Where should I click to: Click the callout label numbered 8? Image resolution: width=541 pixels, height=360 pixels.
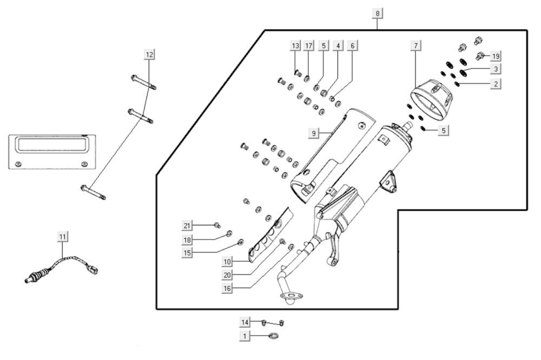(x=377, y=12)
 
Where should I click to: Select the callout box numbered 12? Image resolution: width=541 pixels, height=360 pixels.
(x=149, y=54)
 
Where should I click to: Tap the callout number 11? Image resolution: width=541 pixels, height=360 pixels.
(x=63, y=237)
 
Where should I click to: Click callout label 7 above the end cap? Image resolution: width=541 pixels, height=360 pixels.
(x=415, y=46)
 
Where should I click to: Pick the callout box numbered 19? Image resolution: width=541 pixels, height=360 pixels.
(x=496, y=56)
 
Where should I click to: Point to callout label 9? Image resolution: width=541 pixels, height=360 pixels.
(x=313, y=133)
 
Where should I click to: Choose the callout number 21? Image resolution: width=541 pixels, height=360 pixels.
(x=187, y=226)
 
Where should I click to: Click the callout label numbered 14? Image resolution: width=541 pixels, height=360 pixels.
(x=245, y=323)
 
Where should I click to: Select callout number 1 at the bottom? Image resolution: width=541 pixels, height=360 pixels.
(x=245, y=336)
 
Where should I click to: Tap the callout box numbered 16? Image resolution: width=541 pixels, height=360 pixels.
(x=227, y=289)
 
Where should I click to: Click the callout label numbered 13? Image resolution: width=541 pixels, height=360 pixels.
(x=295, y=46)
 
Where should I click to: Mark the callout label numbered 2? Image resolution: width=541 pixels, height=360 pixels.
(x=496, y=83)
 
